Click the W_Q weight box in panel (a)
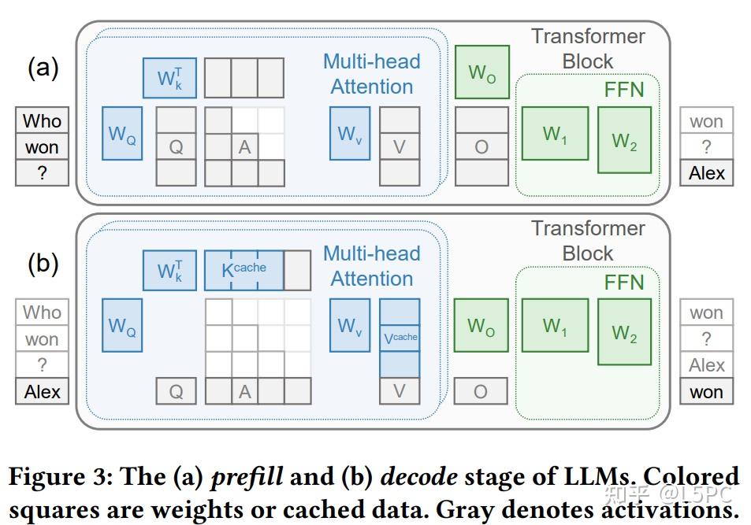pos(122,133)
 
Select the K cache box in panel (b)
pos(243,270)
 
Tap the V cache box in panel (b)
pos(400,338)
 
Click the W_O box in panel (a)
pos(481,72)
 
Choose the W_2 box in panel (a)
pos(624,140)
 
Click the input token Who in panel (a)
pos(42,121)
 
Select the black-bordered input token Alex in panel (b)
pos(42,391)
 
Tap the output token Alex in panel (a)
pos(706,173)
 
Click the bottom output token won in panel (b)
pos(706,391)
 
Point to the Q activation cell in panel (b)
pos(176,391)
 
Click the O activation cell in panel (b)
pos(481,391)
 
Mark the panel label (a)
pos(43,68)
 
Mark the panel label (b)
pos(43,263)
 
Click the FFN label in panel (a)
pos(624,90)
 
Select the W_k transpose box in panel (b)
pos(169,270)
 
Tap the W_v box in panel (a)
pos(350,133)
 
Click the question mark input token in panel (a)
pos(42,173)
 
